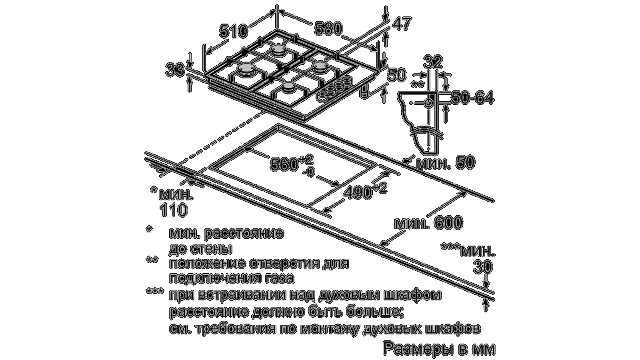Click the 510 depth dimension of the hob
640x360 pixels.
[x=233, y=31]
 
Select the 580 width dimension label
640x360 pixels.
[x=328, y=29]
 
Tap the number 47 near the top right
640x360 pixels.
[x=402, y=24]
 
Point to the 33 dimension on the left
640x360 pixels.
[x=175, y=70]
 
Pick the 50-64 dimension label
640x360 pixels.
[x=472, y=98]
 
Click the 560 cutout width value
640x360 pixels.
[x=284, y=165]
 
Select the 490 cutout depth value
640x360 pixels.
[x=358, y=193]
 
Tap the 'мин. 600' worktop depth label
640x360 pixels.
[x=428, y=222]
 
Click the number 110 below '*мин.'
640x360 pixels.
[x=174, y=210]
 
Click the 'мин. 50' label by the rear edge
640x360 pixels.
[x=446, y=163]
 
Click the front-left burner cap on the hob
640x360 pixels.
[x=246, y=68]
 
